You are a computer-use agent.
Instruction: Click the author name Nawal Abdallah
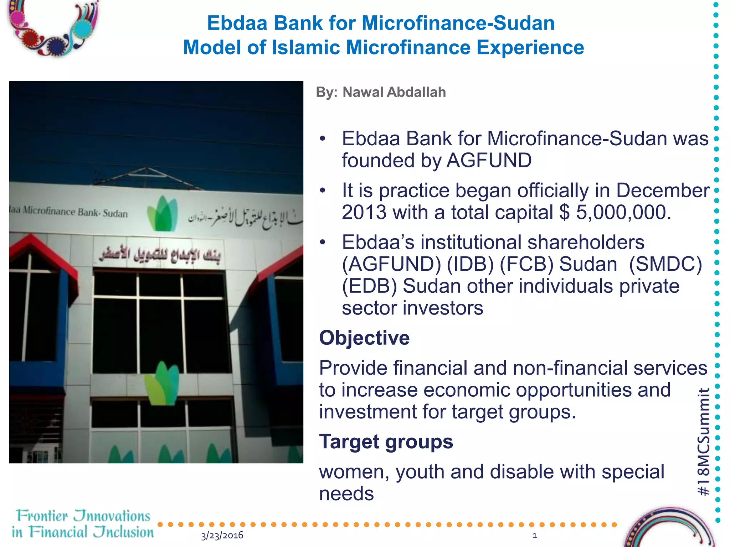click(x=394, y=92)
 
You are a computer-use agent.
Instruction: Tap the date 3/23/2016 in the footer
click(x=222, y=535)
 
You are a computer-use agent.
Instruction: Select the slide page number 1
click(x=534, y=535)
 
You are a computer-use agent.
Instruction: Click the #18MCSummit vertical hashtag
click(x=703, y=442)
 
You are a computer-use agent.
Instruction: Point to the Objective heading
click(x=364, y=338)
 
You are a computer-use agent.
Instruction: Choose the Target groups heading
click(x=386, y=442)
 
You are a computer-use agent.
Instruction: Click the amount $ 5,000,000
click(x=615, y=212)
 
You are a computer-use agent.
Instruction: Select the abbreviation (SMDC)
click(x=665, y=264)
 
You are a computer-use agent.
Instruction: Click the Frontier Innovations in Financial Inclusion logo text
click(x=83, y=524)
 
